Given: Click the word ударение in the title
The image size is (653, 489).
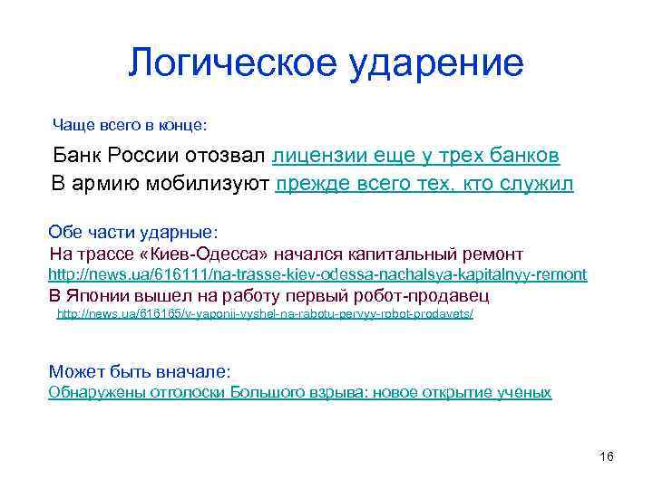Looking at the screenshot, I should (443, 62).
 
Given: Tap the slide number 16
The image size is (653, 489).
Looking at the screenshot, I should (607, 455).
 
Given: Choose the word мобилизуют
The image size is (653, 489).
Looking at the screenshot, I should (215, 185).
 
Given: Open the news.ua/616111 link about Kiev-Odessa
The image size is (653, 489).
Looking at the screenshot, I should (317, 274).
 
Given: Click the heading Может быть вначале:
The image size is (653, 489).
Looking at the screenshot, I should (140, 371).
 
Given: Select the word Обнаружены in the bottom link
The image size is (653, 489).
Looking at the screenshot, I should (89, 392).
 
